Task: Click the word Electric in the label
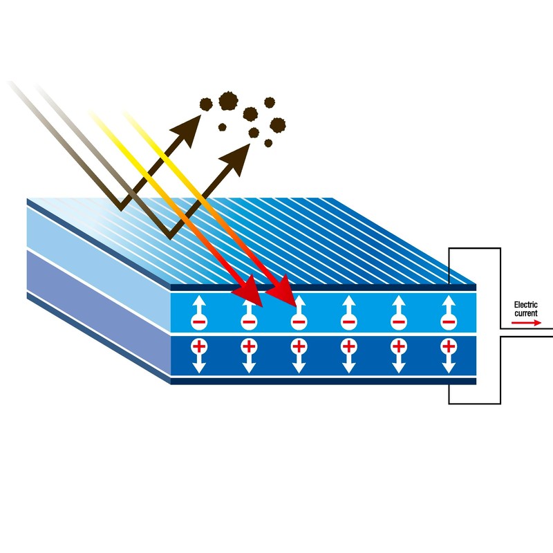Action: pos(525,305)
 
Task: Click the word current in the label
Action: pos(525,313)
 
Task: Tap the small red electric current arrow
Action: pos(526,323)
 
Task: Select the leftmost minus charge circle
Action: pos(199,321)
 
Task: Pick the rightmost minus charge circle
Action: pos(449,321)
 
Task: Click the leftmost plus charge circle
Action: pos(199,346)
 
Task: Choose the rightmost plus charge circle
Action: pos(449,346)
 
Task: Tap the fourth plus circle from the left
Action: pos(349,346)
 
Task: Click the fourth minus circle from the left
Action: pos(349,321)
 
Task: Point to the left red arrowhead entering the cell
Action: pos(250,292)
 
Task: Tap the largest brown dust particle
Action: pos(228,101)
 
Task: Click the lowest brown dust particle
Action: pos(268,143)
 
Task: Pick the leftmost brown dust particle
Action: pos(206,104)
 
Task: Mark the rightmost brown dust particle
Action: pos(278,125)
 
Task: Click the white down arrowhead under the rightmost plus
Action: pos(449,367)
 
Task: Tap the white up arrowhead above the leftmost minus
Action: pos(199,301)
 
